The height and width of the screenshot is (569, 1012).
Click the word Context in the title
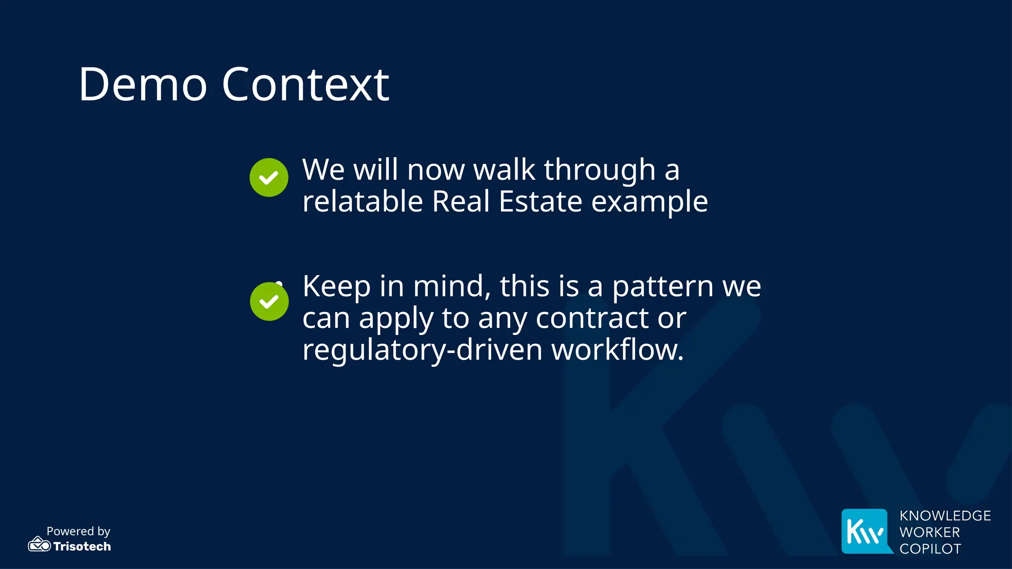[305, 84]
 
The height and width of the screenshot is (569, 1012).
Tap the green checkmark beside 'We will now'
[269, 178]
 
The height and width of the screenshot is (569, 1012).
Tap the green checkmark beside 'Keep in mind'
[269, 301]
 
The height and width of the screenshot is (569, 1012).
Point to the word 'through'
[599, 170]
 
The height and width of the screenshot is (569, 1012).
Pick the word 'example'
[649, 203]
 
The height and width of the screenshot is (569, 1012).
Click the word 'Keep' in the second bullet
[337, 286]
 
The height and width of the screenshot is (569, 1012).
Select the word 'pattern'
[662, 286]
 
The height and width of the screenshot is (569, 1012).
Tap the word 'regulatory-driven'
[422, 350]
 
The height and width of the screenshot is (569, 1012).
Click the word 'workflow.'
[618, 350]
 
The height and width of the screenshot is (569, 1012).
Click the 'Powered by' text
[78, 531]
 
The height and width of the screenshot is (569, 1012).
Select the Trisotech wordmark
[82, 546]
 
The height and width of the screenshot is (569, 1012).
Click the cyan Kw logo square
[865, 531]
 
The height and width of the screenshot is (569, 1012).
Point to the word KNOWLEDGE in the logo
[945, 516]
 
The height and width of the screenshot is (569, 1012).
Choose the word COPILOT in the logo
[930, 549]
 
